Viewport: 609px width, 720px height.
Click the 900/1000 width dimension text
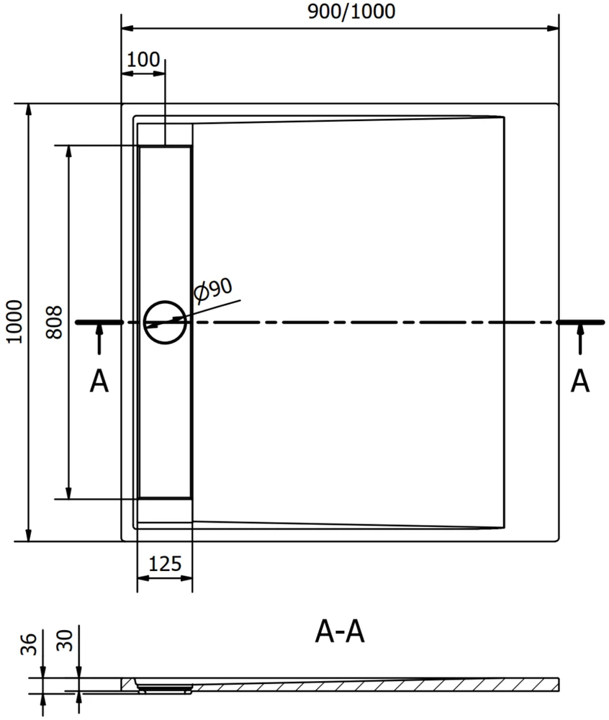click(x=351, y=12)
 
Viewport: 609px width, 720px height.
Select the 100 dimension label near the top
click(x=143, y=60)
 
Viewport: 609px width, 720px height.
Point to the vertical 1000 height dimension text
click(x=14, y=322)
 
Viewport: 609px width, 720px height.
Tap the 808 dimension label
click(x=54, y=323)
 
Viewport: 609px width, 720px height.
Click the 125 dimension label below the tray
click(x=166, y=564)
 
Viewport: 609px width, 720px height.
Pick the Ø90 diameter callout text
click(x=213, y=291)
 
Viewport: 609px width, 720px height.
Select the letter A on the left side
click(x=99, y=381)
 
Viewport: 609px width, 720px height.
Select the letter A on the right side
click(x=580, y=381)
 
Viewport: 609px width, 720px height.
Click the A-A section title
click(x=340, y=632)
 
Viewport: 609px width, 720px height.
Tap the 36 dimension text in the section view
click(x=29, y=644)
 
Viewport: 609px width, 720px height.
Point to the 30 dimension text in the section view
click(x=64, y=641)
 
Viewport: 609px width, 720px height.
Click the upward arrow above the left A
click(x=99, y=339)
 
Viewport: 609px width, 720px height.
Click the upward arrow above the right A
click(x=580, y=339)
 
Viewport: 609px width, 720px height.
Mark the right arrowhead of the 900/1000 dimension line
click(x=553, y=29)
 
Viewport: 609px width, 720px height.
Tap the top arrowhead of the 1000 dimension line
click(x=29, y=109)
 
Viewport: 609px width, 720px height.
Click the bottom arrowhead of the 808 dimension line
click(x=69, y=492)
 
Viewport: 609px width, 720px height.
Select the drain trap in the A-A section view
click(x=165, y=688)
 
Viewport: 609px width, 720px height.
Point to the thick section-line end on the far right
click(x=581, y=323)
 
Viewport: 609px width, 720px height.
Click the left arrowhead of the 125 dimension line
click(x=143, y=577)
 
